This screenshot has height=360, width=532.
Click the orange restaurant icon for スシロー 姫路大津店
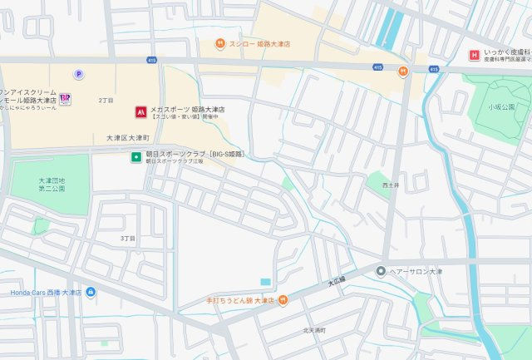(219, 43)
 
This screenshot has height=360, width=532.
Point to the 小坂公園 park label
(501, 107)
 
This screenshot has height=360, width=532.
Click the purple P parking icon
(79, 73)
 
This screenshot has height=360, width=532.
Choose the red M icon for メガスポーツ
(141, 110)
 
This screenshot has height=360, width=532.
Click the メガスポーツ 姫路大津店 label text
(187, 110)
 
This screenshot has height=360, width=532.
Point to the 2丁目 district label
(106, 100)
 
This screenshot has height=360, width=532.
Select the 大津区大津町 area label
(128, 137)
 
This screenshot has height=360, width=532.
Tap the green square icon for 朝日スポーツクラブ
(135, 155)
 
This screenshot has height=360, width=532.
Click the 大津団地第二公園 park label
(51, 185)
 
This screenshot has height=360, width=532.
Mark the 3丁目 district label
(127, 239)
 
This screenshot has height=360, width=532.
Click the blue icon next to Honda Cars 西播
(91, 292)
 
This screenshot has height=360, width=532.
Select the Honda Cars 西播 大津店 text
(46, 293)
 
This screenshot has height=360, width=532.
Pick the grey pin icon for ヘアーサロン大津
(381, 270)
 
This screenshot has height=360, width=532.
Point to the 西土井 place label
(391, 185)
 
